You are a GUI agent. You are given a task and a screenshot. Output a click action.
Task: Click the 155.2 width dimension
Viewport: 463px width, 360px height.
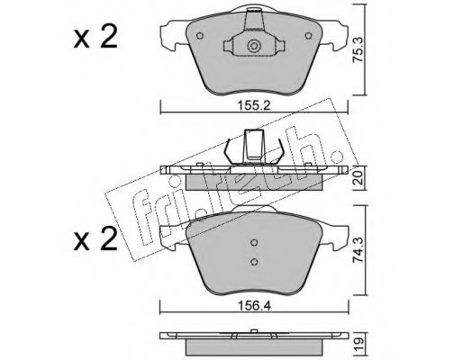pos(254,105)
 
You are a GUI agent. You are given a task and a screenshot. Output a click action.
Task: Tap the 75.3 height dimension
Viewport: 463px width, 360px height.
pos(359,49)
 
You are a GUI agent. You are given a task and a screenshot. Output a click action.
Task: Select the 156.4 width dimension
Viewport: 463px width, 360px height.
pos(254,306)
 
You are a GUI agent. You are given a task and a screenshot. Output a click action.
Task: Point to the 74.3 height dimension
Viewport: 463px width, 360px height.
pos(359,249)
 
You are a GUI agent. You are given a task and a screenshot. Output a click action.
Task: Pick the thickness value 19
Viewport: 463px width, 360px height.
pos(359,341)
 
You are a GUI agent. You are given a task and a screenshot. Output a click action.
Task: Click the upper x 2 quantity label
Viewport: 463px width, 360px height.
pos(95,38)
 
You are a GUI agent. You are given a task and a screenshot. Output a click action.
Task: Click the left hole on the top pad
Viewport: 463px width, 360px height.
pos(200,36)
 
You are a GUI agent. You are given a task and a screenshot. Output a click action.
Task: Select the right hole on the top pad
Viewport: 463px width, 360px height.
pos(308,36)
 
